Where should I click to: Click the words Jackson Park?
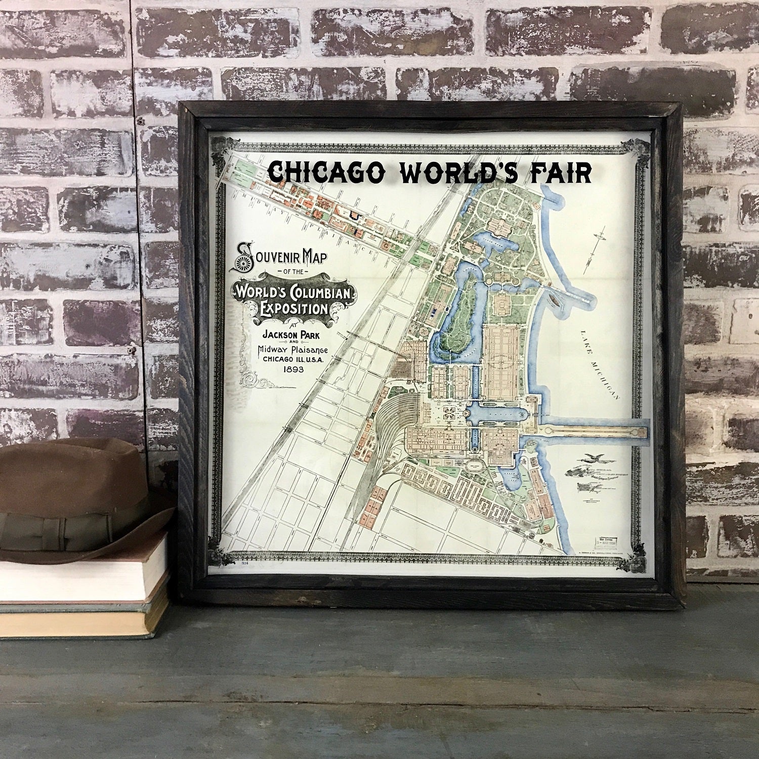[293, 334]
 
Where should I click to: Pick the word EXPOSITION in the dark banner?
[293, 308]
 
